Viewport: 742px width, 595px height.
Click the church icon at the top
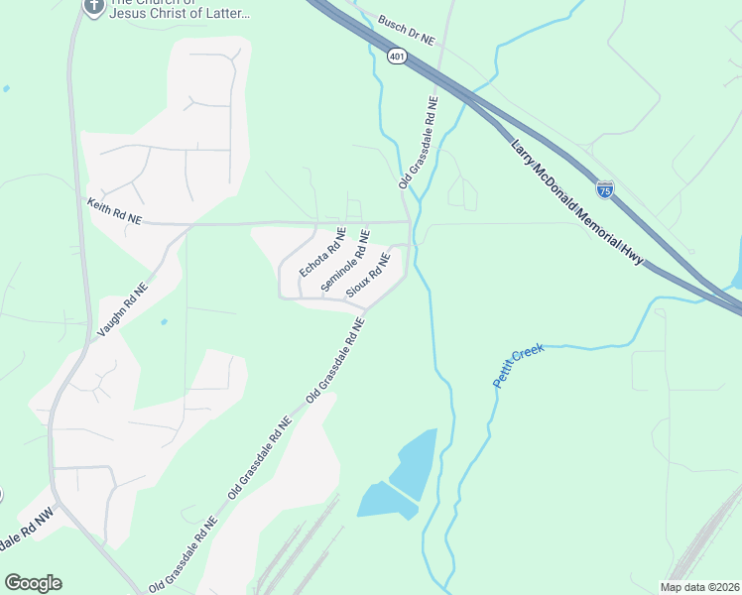[x=92, y=7]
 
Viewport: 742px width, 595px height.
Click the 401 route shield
[x=397, y=58]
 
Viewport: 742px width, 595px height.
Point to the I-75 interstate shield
[x=604, y=188]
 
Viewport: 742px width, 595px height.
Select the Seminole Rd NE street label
[x=345, y=261]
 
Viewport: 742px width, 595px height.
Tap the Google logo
[x=33, y=583]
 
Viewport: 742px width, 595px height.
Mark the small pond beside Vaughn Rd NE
[x=163, y=321]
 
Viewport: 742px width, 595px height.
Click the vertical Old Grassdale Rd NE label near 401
[x=418, y=142]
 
